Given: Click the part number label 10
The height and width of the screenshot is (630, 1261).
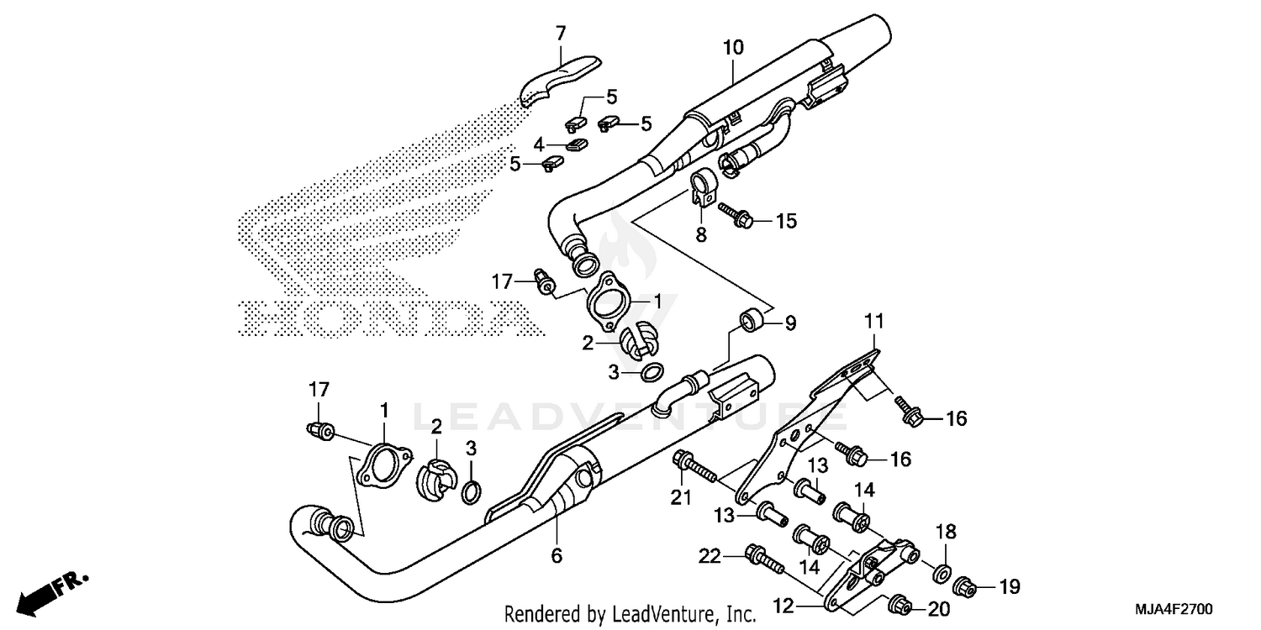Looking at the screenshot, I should pos(732,48).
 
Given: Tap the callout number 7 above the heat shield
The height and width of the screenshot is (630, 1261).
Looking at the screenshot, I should pos(561,34).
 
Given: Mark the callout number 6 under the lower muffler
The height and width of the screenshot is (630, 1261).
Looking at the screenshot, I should pos(557,555).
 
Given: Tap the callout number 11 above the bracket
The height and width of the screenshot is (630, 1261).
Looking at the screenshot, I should pos(874,320).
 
